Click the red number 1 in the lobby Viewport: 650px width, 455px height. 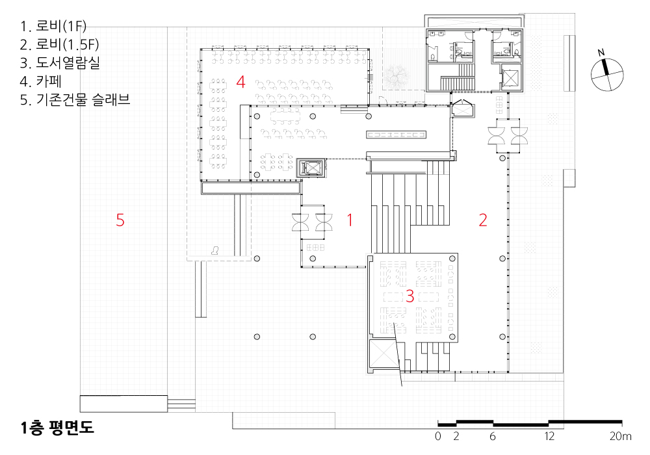pyautogui.click(x=350, y=220)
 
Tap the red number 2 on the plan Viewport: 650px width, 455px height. pyautogui.click(x=483, y=220)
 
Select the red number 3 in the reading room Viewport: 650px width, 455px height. pyautogui.click(x=410, y=296)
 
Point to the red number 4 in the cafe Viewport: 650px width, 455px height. pyautogui.click(x=241, y=82)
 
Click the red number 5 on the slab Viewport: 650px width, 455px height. pyautogui.click(x=120, y=220)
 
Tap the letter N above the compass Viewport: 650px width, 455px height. pyautogui.click(x=601, y=53)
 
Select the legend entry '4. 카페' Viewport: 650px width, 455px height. pyautogui.click(x=40, y=81)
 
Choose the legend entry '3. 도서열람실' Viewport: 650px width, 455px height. pyautogui.click(x=60, y=62)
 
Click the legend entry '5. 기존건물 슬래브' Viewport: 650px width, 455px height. pyautogui.click(x=75, y=99)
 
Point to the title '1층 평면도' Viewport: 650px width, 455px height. pyautogui.click(x=57, y=428)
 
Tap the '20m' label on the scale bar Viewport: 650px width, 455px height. pyautogui.click(x=621, y=436)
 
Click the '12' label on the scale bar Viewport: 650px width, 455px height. pyautogui.click(x=549, y=436)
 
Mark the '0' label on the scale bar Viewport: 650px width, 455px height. pyautogui.click(x=438, y=436)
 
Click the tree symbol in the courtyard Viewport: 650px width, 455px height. pyautogui.click(x=396, y=75)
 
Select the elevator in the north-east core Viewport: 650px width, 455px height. pyautogui.click(x=510, y=77)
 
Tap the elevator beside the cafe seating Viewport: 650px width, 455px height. pyautogui.click(x=311, y=168)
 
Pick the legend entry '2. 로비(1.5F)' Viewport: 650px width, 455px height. pyautogui.click(x=60, y=44)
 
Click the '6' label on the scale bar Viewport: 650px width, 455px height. pyautogui.click(x=493, y=436)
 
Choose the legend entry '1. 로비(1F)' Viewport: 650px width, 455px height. pyautogui.click(x=53, y=26)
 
